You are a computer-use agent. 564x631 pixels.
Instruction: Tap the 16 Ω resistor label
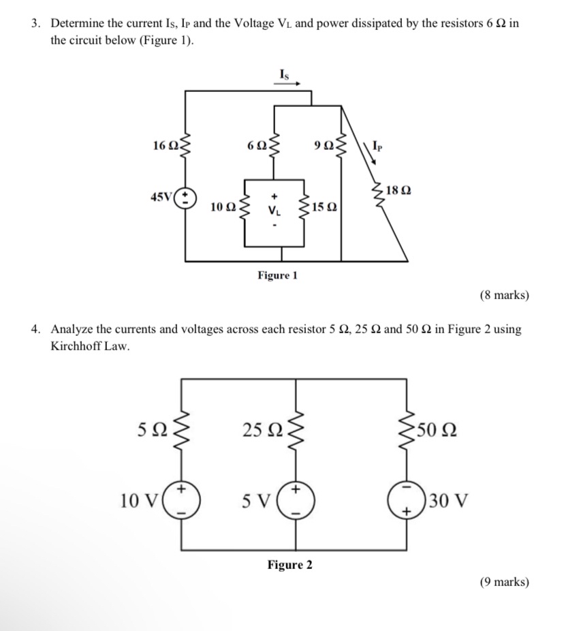click(x=165, y=145)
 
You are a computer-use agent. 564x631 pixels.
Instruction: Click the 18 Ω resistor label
click(x=398, y=190)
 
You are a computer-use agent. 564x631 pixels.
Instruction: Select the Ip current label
click(x=378, y=144)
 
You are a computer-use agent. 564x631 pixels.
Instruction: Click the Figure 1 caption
click(x=277, y=275)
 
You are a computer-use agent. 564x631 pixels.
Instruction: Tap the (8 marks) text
click(x=504, y=295)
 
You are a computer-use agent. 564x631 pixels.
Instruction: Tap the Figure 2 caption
click(x=289, y=565)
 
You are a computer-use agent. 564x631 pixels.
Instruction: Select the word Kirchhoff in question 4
click(x=78, y=345)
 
